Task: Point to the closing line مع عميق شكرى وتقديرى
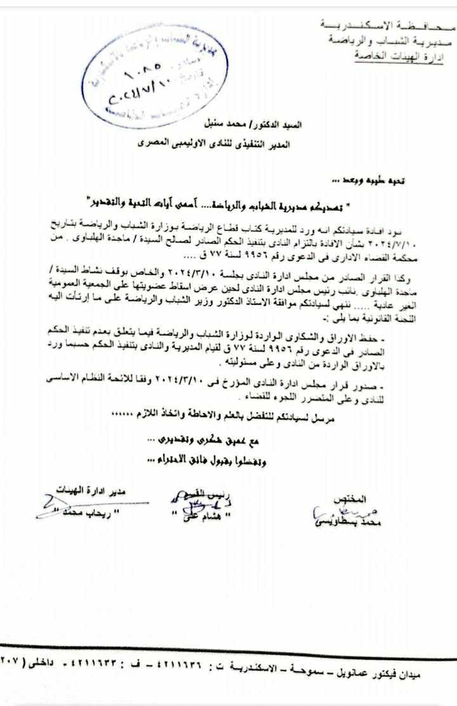194,438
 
